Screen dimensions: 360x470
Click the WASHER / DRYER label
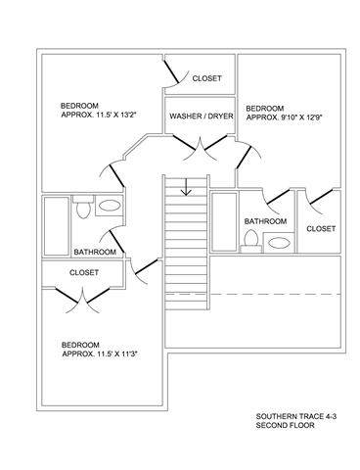pyautogui.click(x=202, y=116)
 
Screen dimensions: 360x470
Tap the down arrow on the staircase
pyautogui.click(x=186, y=187)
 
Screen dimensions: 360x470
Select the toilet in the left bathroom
pyautogui.click(x=83, y=207)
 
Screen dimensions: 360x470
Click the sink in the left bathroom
pyautogui.click(x=110, y=206)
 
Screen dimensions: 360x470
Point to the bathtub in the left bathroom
pyautogui.click(x=57, y=226)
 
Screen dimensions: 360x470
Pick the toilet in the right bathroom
pyautogui.click(x=251, y=242)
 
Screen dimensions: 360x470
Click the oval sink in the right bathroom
pyautogui.click(x=279, y=243)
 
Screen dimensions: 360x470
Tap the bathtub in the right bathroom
pyautogui.click(x=224, y=222)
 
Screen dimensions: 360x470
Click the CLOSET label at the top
pyautogui.click(x=207, y=78)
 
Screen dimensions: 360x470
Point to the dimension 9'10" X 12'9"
pyautogui.click(x=300, y=117)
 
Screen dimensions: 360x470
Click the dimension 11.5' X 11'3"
pyautogui.click(x=119, y=354)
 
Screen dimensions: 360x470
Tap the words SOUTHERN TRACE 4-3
pyautogui.click(x=296, y=416)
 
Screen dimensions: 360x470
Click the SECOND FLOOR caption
pyautogui.click(x=286, y=425)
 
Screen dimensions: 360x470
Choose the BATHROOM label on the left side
pyautogui.click(x=95, y=252)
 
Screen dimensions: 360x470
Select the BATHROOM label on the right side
pyautogui.click(x=266, y=221)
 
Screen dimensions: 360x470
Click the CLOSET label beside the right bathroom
pyautogui.click(x=321, y=229)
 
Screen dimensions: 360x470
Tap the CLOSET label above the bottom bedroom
pyautogui.click(x=84, y=272)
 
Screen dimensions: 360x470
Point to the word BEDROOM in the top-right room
pyautogui.click(x=265, y=109)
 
